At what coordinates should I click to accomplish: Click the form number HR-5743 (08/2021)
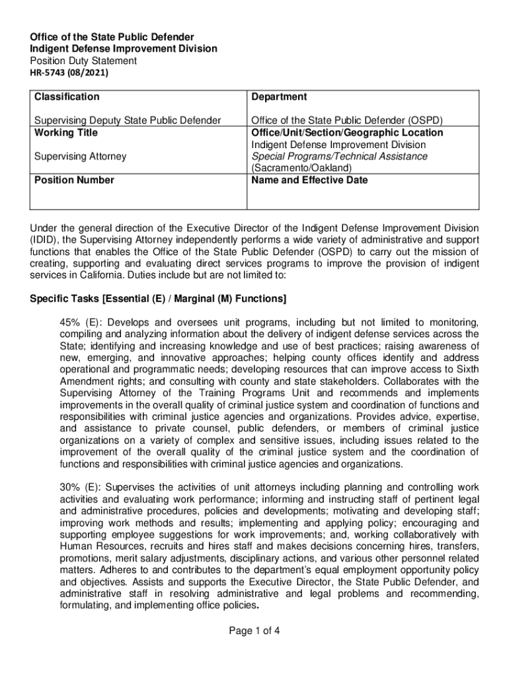click(x=69, y=73)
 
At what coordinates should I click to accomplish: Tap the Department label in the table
click(x=278, y=97)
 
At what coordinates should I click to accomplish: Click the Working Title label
click(x=66, y=132)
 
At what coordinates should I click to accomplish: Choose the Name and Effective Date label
click(x=309, y=180)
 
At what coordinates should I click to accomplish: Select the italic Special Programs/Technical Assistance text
click(x=338, y=156)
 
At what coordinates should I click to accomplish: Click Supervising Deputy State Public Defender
click(x=128, y=120)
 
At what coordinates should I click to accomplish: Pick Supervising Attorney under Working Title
click(x=80, y=156)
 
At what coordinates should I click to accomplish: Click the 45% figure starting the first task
click(x=70, y=322)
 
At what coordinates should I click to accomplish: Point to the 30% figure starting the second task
click(x=70, y=489)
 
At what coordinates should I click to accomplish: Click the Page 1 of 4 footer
click(x=255, y=630)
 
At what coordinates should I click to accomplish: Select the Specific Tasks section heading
click(x=158, y=299)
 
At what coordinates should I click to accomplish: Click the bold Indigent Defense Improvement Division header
click(x=123, y=49)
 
